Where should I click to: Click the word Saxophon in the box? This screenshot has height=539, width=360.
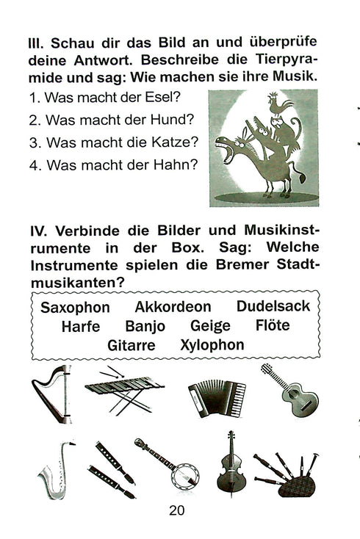75,307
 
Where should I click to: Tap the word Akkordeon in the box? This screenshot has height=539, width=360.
173,307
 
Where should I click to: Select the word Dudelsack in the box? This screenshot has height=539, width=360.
273,306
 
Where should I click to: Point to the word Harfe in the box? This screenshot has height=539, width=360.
81,326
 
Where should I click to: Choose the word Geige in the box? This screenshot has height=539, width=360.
210,326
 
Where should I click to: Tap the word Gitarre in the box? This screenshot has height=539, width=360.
132,344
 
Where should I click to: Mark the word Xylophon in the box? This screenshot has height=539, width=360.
212,344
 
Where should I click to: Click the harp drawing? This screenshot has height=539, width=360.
51,394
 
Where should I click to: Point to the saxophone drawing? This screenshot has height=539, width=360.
55,469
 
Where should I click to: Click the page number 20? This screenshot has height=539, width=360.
177,512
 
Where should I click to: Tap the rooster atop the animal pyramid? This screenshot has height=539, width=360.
278,106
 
